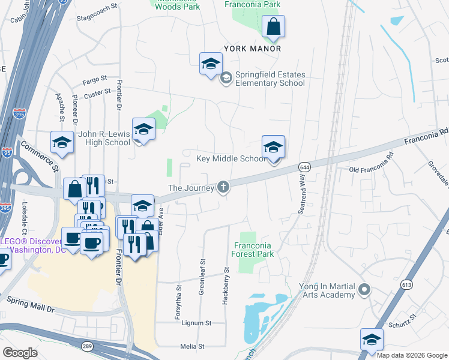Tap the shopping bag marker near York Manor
[273, 28]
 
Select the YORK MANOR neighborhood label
[253, 48]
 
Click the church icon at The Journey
[223, 188]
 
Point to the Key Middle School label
[231, 159]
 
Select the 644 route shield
[305, 166]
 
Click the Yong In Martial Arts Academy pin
[364, 291]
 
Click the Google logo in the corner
[20, 352]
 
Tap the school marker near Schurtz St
[372, 340]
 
